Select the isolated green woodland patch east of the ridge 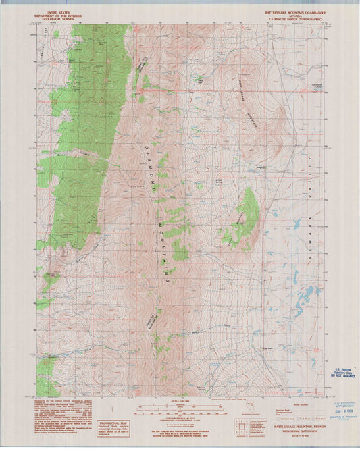(x=247, y=216)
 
